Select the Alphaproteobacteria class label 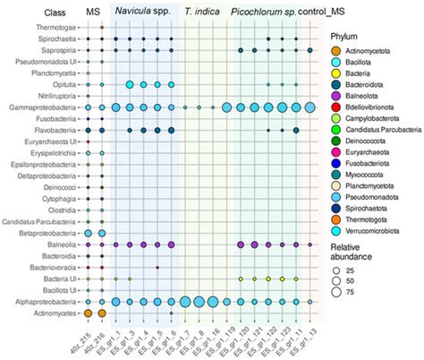click(x=47, y=302)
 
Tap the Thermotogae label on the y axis click(x=60, y=28)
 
